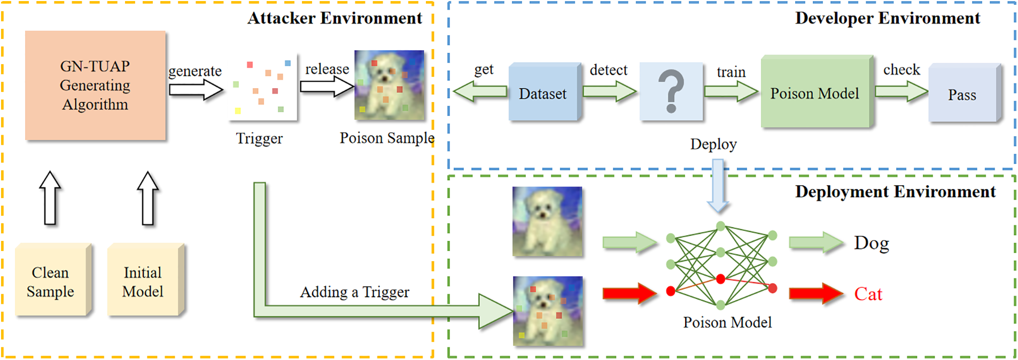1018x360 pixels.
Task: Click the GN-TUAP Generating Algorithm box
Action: [95, 85]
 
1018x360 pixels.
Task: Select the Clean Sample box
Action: [51, 281]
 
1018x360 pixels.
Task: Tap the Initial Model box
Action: [143, 281]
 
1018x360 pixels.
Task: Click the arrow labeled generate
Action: [196, 90]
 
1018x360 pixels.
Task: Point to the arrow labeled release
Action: [327, 86]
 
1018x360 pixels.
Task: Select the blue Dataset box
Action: [543, 93]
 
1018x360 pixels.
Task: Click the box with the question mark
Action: [671, 91]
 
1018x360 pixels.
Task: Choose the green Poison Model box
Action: [815, 92]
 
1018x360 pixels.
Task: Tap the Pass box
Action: [962, 94]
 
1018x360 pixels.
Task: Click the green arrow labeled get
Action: [479, 91]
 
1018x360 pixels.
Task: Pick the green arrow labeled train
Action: [731, 91]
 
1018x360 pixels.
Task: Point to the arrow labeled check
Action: [901, 91]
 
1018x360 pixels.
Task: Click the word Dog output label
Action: [871, 243]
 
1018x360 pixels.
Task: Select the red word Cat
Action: [868, 294]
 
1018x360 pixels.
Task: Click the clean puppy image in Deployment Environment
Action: [547, 222]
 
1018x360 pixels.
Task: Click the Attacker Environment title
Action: [335, 18]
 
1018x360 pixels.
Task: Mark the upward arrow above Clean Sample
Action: [50, 198]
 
